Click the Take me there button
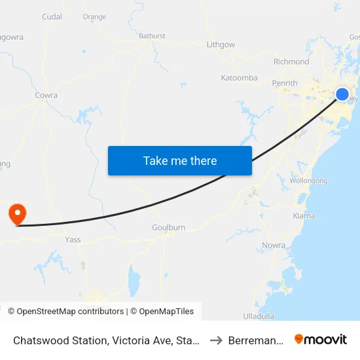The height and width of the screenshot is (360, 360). pos(180,160)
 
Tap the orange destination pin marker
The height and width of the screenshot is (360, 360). pos(16,214)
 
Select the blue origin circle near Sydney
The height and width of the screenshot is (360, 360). pos(342,94)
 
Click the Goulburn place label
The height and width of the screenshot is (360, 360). pos(168,227)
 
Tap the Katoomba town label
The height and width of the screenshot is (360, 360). pos(239,78)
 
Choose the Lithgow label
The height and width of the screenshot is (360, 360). pos(221,45)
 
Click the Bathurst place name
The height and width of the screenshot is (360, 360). pos(152,36)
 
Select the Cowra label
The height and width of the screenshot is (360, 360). pos(46,95)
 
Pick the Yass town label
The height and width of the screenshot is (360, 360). pos(73,240)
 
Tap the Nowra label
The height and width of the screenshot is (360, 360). pos(273,245)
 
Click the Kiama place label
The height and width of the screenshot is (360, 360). pos(304,215)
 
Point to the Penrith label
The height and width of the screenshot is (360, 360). pos(285,83)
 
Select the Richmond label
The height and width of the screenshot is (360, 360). pos(291,62)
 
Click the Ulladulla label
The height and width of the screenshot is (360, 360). pos(259,315)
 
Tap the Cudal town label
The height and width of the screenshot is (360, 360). pos(52,17)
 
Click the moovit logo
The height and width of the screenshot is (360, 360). pos(321,339)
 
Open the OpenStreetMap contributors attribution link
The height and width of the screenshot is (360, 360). pos(70,312)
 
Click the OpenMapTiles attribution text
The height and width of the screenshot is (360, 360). pos(165,312)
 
